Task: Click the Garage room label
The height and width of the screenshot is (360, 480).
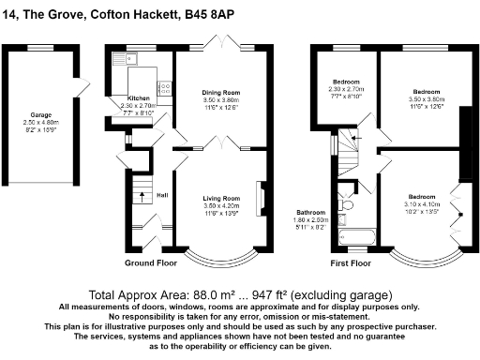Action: [x=40, y=115]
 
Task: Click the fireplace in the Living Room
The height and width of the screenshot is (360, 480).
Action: [x=262, y=198]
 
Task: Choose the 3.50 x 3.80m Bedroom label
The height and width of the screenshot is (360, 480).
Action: [x=427, y=93]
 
